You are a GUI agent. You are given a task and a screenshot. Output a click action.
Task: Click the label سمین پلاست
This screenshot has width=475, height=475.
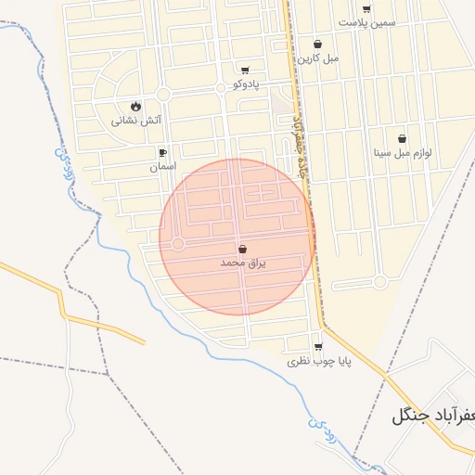(x=366, y=22)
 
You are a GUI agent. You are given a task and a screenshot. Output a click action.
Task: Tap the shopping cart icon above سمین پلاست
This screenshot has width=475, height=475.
(x=366, y=8)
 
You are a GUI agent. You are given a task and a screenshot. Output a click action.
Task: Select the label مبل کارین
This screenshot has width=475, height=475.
(x=318, y=58)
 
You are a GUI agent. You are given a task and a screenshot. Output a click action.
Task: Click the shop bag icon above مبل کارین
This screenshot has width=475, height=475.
(x=318, y=44)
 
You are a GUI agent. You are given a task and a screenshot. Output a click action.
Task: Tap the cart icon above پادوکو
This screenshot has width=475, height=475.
(x=244, y=71)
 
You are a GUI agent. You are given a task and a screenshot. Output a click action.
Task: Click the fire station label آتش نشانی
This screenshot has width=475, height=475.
(x=136, y=120)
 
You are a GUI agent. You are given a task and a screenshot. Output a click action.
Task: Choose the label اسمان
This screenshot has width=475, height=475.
(x=162, y=167)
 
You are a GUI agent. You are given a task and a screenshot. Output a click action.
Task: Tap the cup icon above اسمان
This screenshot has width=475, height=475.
(x=162, y=152)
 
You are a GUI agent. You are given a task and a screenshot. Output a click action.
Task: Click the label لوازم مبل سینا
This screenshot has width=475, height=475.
(x=404, y=152)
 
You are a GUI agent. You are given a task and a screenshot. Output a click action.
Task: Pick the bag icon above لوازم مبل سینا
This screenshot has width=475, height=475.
(x=403, y=138)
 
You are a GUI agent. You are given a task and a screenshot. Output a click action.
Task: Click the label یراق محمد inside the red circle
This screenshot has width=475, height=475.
(x=243, y=263)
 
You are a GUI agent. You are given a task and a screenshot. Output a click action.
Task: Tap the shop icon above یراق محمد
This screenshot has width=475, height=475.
(x=243, y=249)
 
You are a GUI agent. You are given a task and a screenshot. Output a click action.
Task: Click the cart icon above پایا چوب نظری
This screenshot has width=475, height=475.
(x=318, y=347)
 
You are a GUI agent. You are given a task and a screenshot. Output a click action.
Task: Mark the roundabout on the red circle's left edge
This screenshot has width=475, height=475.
(x=177, y=243)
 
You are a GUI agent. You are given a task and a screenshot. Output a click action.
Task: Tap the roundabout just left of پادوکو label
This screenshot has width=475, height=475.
(x=220, y=88)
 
